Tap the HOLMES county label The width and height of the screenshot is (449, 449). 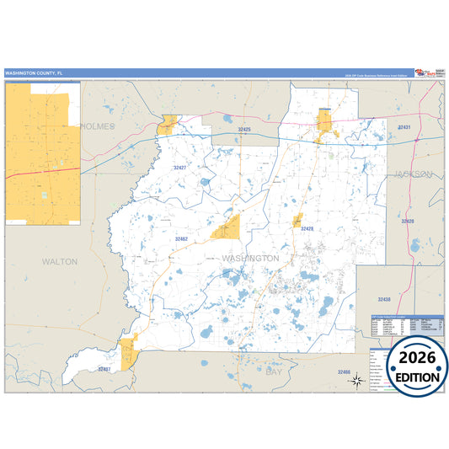click(99, 126)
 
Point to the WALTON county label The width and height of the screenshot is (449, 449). click(59, 262)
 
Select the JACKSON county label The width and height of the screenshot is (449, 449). click(413, 174)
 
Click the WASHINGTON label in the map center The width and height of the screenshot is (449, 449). click(250, 257)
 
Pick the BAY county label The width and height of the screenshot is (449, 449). click(274, 371)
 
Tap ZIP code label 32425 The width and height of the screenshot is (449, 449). click(244, 130)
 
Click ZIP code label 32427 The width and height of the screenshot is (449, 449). click(180, 168)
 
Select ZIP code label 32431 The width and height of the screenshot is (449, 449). click(404, 127)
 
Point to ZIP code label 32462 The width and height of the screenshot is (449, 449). click(182, 239)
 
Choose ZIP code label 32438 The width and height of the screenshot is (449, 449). click(384, 300)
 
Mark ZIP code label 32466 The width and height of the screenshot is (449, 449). click(343, 371)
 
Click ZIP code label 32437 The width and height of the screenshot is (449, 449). click(104, 369)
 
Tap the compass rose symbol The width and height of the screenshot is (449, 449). click(356, 382)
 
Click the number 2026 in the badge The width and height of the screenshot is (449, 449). click(418, 358)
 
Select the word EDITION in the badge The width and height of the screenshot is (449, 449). click(418, 377)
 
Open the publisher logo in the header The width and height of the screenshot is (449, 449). click(430, 73)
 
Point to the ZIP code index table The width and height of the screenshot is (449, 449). click(407, 328)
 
